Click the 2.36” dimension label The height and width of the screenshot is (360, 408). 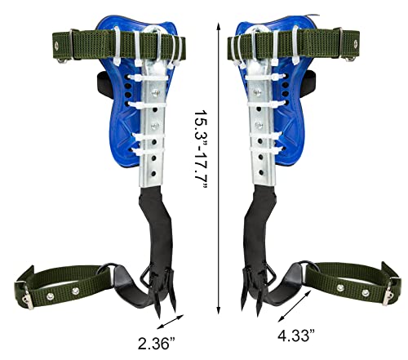[x=157, y=344]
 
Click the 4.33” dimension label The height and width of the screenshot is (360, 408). [x=296, y=335]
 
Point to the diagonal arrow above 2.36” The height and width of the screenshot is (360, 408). [x=171, y=322]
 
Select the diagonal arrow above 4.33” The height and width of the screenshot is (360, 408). [x=295, y=306]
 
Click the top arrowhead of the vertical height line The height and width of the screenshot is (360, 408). [x=218, y=26]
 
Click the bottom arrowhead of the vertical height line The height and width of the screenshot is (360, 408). [x=218, y=310]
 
